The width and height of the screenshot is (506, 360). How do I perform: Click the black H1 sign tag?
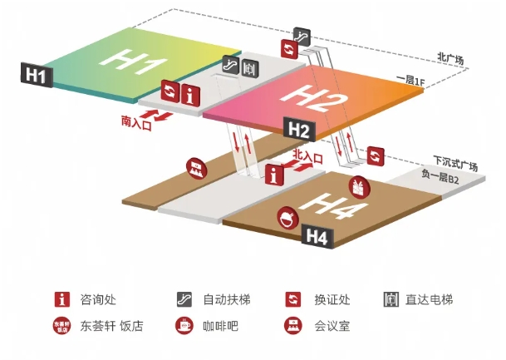pyautogui.click(x=37, y=75)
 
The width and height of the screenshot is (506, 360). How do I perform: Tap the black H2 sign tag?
pyautogui.click(x=299, y=129)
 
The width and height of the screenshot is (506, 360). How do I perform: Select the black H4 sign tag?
pyautogui.click(x=317, y=236)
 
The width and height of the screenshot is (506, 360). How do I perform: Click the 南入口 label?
pyautogui.click(x=136, y=123)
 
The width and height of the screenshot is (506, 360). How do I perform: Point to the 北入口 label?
pyautogui.click(x=307, y=156)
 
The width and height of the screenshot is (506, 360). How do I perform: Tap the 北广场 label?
pyautogui.click(x=450, y=58)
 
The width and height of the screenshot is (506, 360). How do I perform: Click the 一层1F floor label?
pyautogui.click(x=410, y=81)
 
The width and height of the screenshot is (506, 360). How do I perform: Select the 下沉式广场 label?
pyautogui.click(x=455, y=164)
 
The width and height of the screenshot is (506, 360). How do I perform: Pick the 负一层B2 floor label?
pyautogui.click(x=440, y=176)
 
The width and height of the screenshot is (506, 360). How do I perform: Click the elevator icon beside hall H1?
pyautogui.click(x=250, y=68)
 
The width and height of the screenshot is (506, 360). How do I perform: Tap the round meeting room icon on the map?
pyautogui.click(x=197, y=168)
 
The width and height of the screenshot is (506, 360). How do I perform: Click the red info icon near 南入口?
pyautogui.click(x=190, y=94)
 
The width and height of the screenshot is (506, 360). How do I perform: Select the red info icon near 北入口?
pyautogui.click(x=274, y=175)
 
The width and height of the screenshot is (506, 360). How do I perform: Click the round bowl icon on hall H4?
pyautogui.click(x=287, y=218)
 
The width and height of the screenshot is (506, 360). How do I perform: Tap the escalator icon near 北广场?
pyautogui.click(x=302, y=37)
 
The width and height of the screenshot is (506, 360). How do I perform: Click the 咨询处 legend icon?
pyautogui.click(x=62, y=299)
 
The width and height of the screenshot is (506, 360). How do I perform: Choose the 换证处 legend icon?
pyautogui.click(x=293, y=299)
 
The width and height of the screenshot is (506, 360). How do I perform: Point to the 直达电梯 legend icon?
pyautogui.click(x=391, y=299)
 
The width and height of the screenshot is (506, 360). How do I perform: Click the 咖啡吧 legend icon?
pyautogui.click(x=184, y=325)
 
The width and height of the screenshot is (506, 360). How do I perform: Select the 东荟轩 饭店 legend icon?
pyautogui.click(x=62, y=325)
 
